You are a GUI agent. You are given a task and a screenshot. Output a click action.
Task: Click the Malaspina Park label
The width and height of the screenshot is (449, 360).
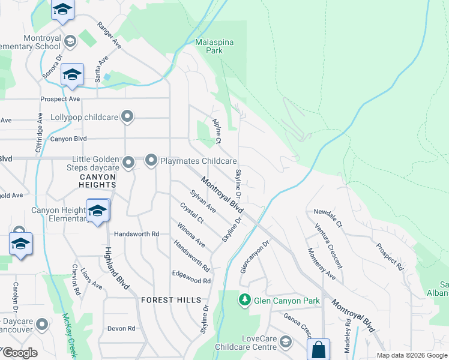tap(214, 46)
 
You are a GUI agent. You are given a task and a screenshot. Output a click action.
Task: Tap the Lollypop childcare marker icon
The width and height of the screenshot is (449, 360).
tap(127, 116)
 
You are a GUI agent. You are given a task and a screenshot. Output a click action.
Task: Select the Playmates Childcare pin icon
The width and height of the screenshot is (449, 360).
tap(151, 161)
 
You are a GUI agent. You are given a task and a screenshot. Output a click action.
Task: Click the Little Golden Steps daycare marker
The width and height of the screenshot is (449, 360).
tap(128, 162)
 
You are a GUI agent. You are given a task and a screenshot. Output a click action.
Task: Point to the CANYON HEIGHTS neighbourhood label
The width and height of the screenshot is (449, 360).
tap(98, 178)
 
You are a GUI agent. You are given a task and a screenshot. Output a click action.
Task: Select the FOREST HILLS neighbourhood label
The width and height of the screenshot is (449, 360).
tap(165, 299)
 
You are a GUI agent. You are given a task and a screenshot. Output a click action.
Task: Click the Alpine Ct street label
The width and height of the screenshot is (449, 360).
tap(217, 130)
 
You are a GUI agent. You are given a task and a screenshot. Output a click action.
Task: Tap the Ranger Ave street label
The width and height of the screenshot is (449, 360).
tap(109, 37)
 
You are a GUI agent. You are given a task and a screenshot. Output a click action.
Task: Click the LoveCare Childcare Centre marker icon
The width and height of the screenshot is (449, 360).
tap(286, 343)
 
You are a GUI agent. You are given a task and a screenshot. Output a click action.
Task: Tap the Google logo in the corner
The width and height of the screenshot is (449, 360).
tap(19, 353)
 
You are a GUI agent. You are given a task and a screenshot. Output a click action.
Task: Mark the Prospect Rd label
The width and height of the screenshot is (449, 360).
tap(390, 256)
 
